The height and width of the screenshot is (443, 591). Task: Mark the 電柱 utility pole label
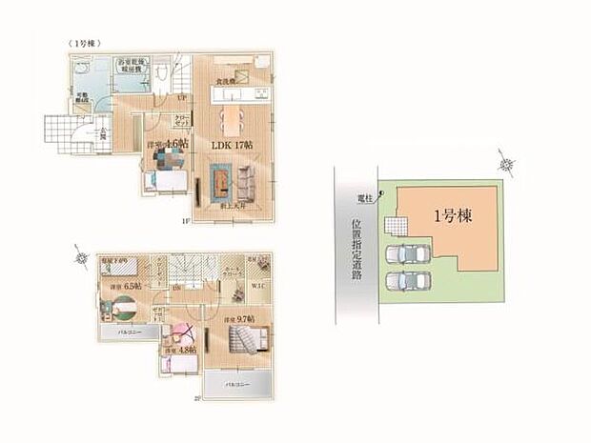[364, 197]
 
